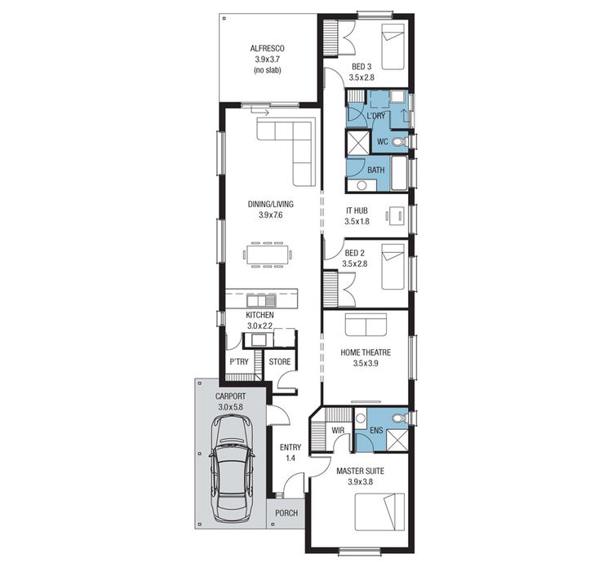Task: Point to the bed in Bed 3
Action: click(x=391, y=46)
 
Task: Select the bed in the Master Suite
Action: click(x=380, y=514)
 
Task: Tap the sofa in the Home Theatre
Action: click(x=366, y=325)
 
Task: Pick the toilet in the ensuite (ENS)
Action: click(x=397, y=419)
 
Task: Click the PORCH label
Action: click(x=286, y=513)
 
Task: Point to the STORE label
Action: click(x=280, y=361)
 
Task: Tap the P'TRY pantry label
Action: click(x=238, y=361)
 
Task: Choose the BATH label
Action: click(x=375, y=170)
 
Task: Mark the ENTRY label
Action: click(x=290, y=447)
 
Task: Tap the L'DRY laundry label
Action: click(x=375, y=116)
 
